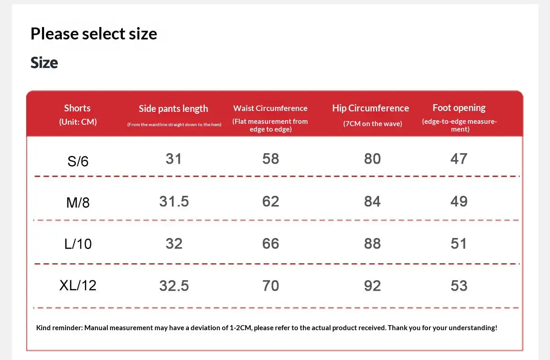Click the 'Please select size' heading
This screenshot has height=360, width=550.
pyautogui.click(x=94, y=34)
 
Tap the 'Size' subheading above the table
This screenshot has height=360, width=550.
pyautogui.click(x=44, y=63)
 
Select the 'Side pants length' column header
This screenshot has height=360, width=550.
pyautogui.click(x=173, y=109)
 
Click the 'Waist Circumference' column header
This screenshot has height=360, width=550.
pyautogui.click(x=270, y=108)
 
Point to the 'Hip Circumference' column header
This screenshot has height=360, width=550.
pyautogui.click(x=370, y=108)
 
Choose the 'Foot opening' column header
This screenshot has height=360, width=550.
pyautogui.click(x=459, y=108)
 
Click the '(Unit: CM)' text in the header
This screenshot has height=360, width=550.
pyautogui.click(x=78, y=122)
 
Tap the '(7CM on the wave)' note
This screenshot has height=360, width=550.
pyautogui.click(x=373, y=124)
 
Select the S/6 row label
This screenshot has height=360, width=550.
pyautogui.click(x=78, y=161)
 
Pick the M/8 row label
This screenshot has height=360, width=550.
pyautogui.click(x=78, y=203)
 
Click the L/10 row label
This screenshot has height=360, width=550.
pyautogui.click(x=78, y=244)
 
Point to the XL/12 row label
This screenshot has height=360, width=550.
pyautogui.click(x=78, y=285)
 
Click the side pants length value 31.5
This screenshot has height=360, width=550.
pyautogui.click(x=174, y=201)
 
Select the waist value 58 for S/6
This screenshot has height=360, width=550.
pyautogui.click(x=270, y=159)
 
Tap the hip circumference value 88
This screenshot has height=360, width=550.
pyautogui.click(x=373, y=244)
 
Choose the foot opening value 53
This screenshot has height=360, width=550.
pyautogui.click(x=459, y=286)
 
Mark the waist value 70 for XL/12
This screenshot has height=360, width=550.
pyautogui.click(x=270, y=286)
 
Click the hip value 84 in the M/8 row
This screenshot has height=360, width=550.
pyautogui.click(x=373, y=201)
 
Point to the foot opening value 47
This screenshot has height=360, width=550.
pyautogui.click(x=459, y=159)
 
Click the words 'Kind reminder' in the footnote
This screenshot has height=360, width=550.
pyautogui.click(x=60, y=328)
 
